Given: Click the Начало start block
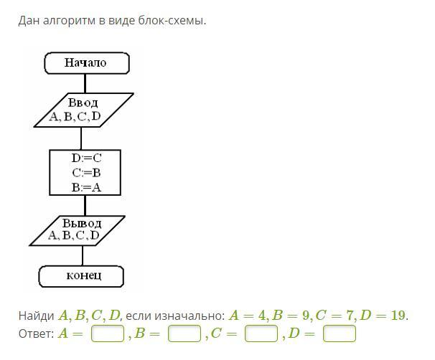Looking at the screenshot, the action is point(87,63).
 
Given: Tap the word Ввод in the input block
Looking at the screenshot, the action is point(83,103).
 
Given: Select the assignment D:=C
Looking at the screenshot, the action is point(86,158).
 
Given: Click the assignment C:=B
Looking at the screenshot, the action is point(86,173).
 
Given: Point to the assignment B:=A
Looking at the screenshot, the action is point(86,188).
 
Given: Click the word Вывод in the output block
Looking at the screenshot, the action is point(82,223).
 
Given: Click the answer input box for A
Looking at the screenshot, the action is point(108,333).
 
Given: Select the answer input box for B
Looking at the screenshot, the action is point(184,333).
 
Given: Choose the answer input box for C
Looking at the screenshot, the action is point(261,333).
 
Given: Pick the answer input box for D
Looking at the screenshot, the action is point(340,333).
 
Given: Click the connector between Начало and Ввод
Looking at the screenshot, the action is point(85,83).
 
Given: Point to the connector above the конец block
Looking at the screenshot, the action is point(83,256).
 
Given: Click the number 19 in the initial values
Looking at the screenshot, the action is point(398,316).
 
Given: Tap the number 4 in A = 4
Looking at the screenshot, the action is point(261,316).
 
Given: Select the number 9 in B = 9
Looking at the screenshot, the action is point(306,316).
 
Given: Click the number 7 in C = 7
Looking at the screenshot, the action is point(350,316).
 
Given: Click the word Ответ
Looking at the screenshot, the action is point(37,333).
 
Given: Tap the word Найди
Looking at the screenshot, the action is point(36,316).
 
